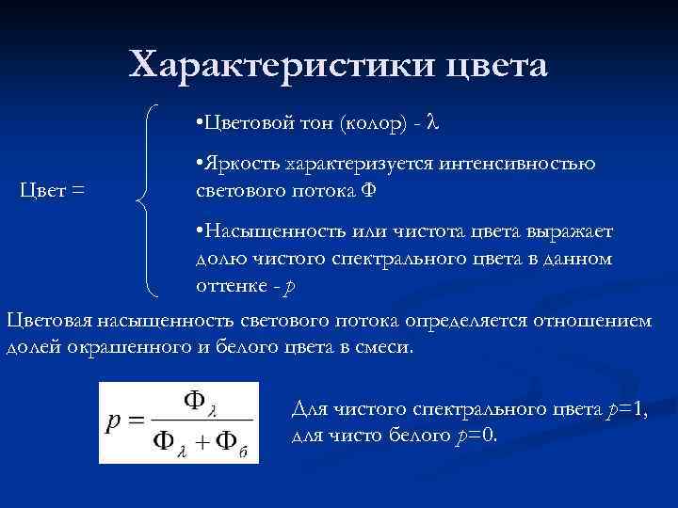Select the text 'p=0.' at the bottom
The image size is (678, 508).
(476, 436)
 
